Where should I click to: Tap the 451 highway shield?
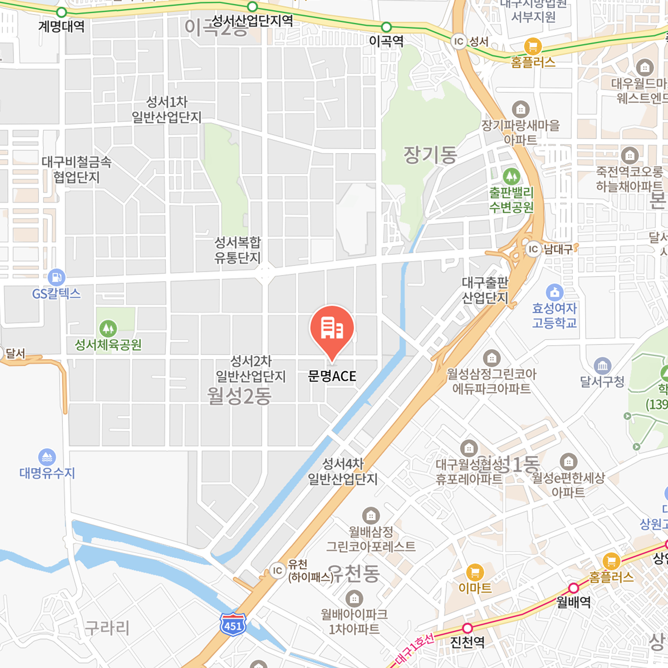pyautogui.click(x=233, y=624)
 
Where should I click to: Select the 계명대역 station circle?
pyautogui.click(x=62, y=12)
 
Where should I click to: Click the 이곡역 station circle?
pyautogui.click(x=386, y=27)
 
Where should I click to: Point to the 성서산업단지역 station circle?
pyautogui.click(x=252, y=7)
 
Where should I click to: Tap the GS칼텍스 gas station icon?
pyautogui.click(x=56, y=277)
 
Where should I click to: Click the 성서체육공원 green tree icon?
pyautogui.click(x=108, y=328)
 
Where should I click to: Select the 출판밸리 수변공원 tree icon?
pyautogui.click(x=511, y=176)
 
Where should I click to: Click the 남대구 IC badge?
pyautogui.click(x=533, y=249)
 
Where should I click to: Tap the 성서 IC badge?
pyautogui.click(x=459, y=41)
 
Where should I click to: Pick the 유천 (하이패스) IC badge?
pyautogui.click(x=277, y=570)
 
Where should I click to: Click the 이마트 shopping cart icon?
pyautogui.click(x=474, y=572)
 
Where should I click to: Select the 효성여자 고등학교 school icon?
pyautogui.click(x=554, y=292)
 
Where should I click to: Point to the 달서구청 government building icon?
pyautogui.click(x=602, y=366)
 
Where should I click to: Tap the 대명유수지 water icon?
pyautogui.click(x=47, y=457)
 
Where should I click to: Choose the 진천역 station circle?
pyautogui.click(x=468, y=628)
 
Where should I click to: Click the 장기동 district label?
pyautogui.click(x=430, y=155)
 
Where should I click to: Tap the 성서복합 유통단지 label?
pyautogui.click(x=238, y=250)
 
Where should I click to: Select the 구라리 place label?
pyautogui.click(x=107, y=628)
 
